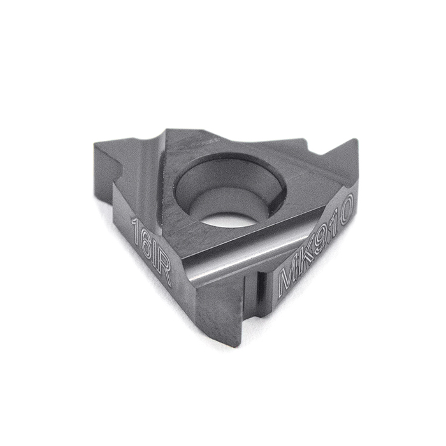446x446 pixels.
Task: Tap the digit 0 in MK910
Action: point(340,219)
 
